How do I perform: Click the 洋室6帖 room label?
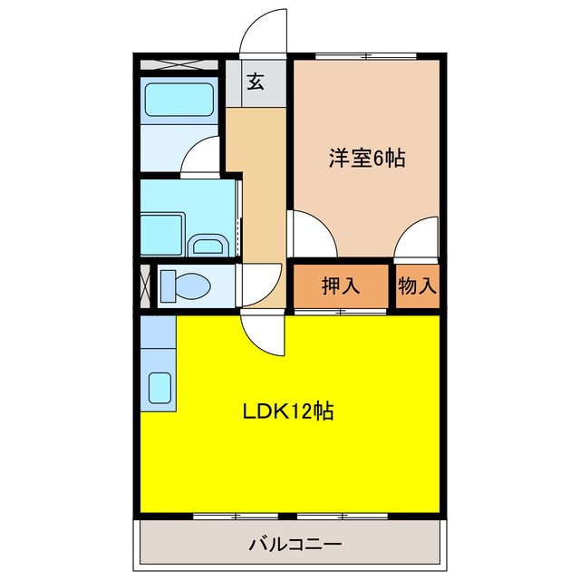[366, 159]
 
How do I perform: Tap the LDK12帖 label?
[288, 411]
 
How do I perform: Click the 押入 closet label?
[341, 286]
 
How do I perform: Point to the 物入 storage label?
[418, 286]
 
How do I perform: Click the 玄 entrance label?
[256, 83]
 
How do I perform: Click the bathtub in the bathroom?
[179, 100]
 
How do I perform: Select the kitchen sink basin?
[160, 388]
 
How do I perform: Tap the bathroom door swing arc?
[201, 156]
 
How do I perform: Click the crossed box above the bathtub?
[179, 64]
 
